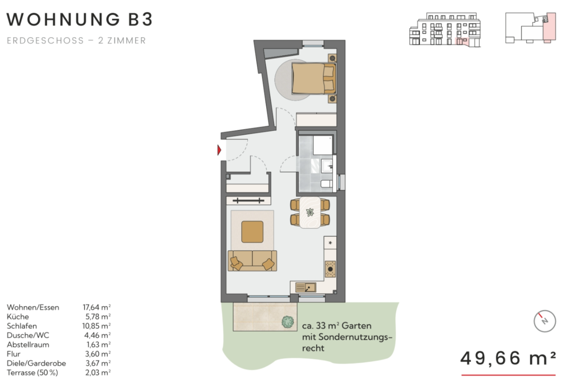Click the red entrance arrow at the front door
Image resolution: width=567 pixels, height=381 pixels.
219,150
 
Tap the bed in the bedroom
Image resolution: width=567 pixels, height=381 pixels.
314,78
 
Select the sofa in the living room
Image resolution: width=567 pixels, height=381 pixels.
252,260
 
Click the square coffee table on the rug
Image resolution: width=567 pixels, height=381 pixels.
252,231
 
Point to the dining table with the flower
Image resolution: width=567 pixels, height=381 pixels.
310,212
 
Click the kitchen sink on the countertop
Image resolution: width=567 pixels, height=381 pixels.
306,287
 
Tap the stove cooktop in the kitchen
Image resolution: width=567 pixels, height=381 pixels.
330,269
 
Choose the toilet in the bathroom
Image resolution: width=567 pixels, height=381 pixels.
327,184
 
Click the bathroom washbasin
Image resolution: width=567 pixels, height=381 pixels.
327,166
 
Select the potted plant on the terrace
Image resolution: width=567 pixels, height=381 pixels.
288,322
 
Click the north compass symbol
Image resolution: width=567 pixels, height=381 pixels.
545,321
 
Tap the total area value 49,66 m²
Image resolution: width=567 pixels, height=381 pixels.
508,358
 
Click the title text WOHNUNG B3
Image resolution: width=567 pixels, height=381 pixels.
80,19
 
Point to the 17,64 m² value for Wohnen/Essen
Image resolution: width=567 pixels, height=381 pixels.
97,307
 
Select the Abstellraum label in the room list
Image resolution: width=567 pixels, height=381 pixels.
28,345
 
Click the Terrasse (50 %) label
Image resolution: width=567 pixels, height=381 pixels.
32,373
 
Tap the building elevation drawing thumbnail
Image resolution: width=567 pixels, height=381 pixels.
445,30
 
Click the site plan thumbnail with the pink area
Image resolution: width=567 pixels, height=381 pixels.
531,28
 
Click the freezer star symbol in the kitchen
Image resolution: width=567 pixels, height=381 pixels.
330,243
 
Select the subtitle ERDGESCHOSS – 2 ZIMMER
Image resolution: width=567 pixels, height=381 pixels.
76,40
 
